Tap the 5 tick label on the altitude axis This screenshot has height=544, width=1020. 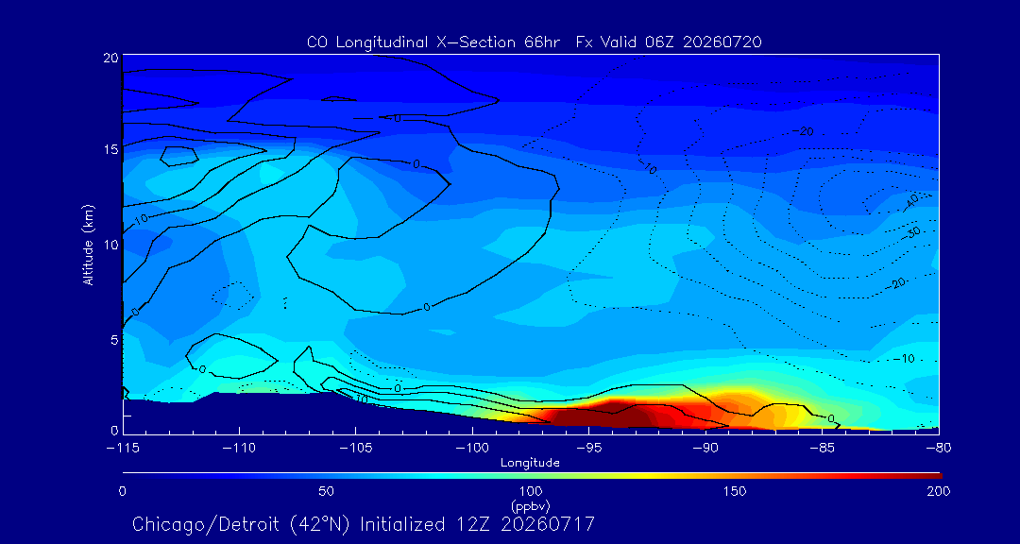coord(113,339)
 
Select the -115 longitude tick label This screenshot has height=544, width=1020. coord(124,449)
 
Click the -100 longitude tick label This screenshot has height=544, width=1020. coord(472,449)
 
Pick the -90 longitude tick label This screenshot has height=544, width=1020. coord(705,449)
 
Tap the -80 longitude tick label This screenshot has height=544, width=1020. coord(939,449)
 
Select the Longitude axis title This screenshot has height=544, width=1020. coord(530,463)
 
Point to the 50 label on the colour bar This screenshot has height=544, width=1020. coord(327,491)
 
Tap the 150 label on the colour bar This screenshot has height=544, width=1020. coord(735,491)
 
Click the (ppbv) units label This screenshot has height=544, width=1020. coord(531,505)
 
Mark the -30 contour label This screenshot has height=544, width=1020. coord(915,231)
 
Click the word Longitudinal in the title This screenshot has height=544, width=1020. coord(375,42)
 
